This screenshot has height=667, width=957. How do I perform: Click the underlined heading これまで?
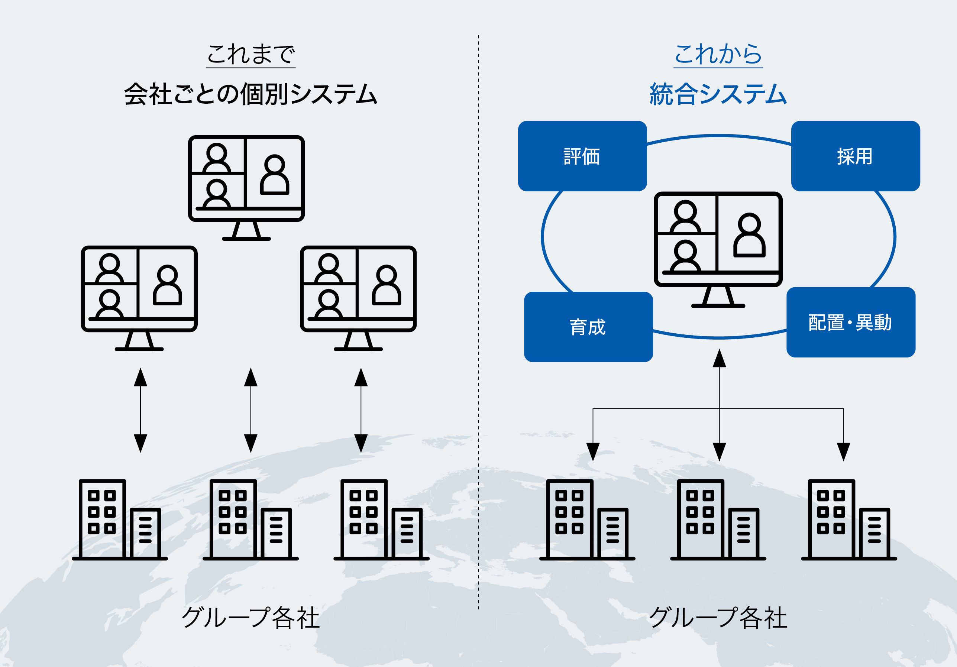coord(250,54)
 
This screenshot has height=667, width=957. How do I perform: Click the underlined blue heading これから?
coord(718,54)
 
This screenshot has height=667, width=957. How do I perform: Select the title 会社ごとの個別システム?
coord(250,94)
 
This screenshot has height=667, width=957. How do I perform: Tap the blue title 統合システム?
coord(718,94)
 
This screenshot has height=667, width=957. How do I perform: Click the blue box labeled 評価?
coord(582,156)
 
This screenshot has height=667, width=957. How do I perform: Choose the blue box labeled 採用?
coord(855,156)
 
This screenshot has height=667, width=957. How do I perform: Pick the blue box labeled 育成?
coord(588,327)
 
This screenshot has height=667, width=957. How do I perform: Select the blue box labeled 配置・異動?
coord(851,322)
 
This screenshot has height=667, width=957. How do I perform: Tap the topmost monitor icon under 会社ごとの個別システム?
coord(246,188)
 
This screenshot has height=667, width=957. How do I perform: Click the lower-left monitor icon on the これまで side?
coord(139,298)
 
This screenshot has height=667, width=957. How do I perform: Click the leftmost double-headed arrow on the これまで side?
coord(140,410)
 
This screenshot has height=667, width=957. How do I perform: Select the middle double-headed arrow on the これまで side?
coord(250,410)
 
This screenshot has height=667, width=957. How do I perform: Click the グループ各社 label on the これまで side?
coord(250,618)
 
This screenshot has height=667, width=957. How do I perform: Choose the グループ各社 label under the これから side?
coord(718,618)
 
